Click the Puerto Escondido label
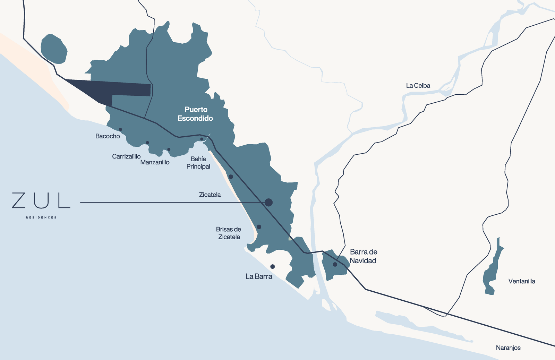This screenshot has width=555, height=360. click(195, 114)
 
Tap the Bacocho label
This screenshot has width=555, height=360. click(108, 136)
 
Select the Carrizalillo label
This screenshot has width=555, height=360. click(126, 156)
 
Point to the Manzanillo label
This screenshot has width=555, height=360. click(155, 162)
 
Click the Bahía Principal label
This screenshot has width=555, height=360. click(198, 163)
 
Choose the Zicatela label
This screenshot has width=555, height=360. click(210, 195)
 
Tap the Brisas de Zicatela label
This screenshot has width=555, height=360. click(229, 233)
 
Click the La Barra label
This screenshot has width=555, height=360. click(259, 276)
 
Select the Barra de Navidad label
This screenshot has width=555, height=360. click(363, 256)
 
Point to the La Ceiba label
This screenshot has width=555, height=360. click(418, 86)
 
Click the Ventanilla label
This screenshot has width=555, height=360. click(522, 281)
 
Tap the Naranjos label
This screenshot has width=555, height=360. click(508, 348)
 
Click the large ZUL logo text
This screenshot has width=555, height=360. click(41, 201)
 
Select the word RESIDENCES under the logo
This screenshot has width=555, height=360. click(41, 217)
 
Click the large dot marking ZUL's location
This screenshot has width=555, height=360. click(268, 203)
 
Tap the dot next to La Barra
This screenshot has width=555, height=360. click(273, 267)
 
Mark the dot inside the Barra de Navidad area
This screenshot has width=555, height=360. click(335, 264)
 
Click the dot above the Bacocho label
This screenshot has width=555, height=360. click(120, 130)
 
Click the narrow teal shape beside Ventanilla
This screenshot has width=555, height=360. click(492, 271)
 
